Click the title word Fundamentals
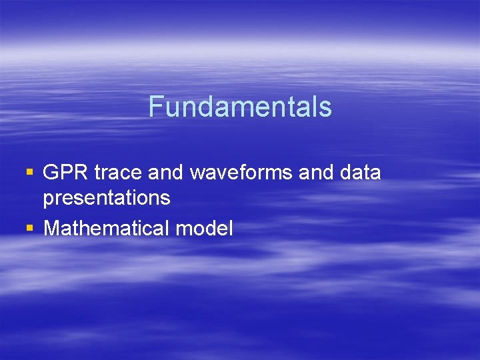coord(240,107)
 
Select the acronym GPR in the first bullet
coord(65,173)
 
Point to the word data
coord(360,173)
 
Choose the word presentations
coord(107,198)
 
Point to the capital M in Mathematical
coord(51,229)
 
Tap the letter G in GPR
coord(51,173)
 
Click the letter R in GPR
coord(81,173)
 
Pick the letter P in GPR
coord(66,173)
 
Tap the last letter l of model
coord(231,229)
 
